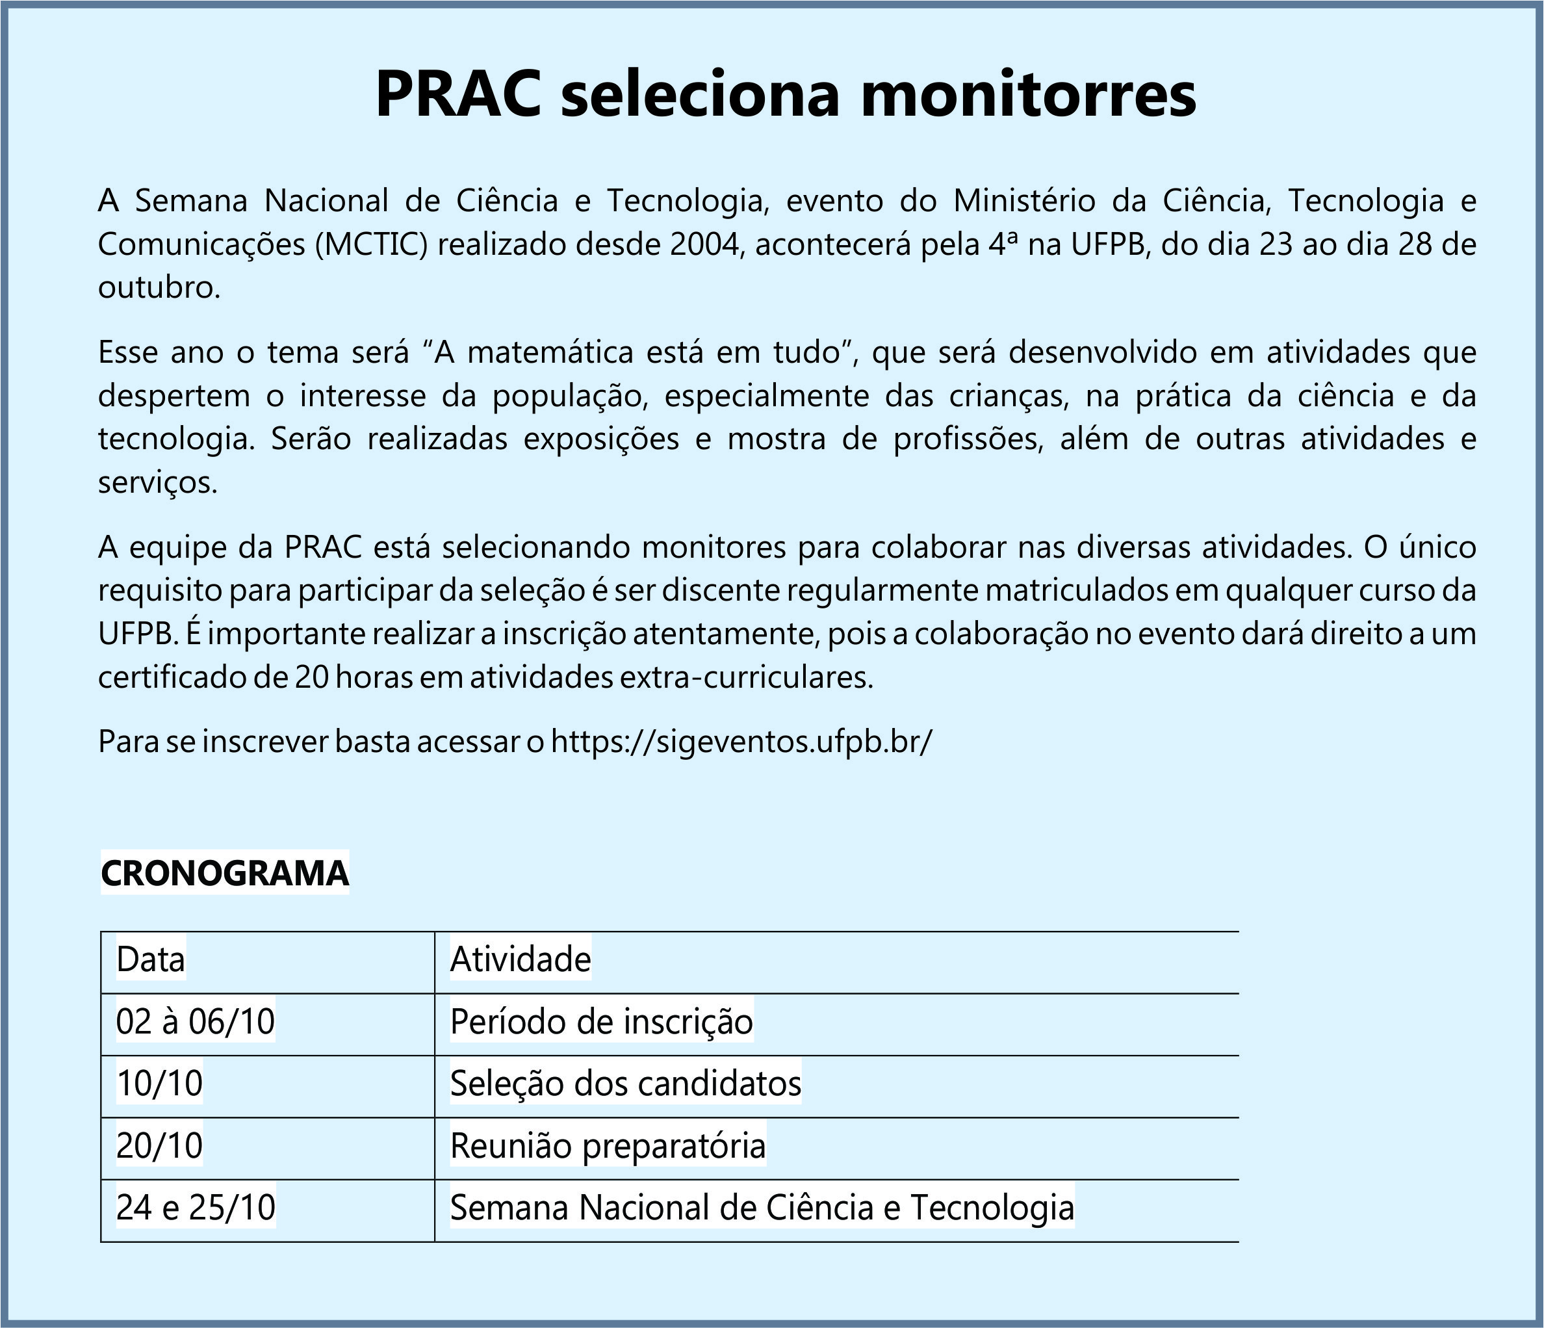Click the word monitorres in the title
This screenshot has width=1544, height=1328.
point(1027,96)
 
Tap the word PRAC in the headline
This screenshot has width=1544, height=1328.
point(457,96)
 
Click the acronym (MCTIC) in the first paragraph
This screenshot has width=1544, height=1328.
point(371,244)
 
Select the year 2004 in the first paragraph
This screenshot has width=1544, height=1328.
point(707,244)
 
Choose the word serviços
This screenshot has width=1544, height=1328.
point(157,484)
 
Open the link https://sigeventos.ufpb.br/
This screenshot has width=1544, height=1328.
point(741,742)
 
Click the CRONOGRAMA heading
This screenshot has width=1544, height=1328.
point(224,874)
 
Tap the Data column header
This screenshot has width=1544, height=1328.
point(151,960)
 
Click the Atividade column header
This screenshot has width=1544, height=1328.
point(520,960)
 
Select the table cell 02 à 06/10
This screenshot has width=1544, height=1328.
point(195,1022)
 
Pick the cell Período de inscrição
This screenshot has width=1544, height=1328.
point(601,1022)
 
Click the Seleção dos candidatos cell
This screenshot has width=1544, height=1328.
point(625,1084)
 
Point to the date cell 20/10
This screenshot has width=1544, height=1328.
point(159,1145)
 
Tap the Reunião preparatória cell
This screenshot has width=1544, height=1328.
point(608,1145)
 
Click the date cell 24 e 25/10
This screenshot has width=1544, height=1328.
point(195,1208)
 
